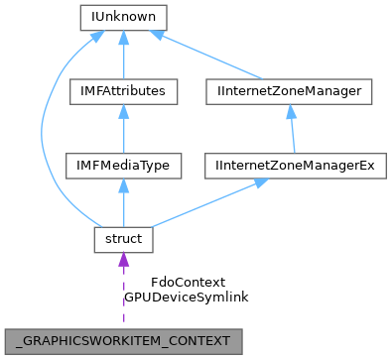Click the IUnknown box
[122, 17]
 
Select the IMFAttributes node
[122, 91]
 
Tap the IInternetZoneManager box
[289, 91]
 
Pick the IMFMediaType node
[122, 165]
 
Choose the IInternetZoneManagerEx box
[295, 165]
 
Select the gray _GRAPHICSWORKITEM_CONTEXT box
[124, 340]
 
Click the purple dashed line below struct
[123, 298]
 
